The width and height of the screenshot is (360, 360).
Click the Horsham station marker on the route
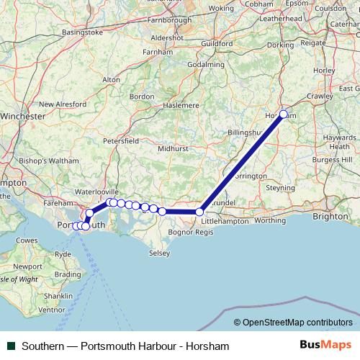[x=284, y=114]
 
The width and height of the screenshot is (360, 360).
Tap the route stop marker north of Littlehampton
[x=200, y=212]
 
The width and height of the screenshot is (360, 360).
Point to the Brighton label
[x=330, y=215]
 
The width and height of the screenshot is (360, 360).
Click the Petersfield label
[x=121, y=141]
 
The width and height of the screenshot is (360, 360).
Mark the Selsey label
[x=159, y=253]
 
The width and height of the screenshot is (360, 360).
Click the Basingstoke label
[x=82, y=32]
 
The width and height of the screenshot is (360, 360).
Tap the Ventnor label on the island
[x=51, y=310]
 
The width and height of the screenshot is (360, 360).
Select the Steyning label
[x=281, y=188]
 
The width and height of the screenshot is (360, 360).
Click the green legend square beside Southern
[x=10, y=346]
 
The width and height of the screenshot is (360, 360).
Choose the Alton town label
[x=112, y=79]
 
